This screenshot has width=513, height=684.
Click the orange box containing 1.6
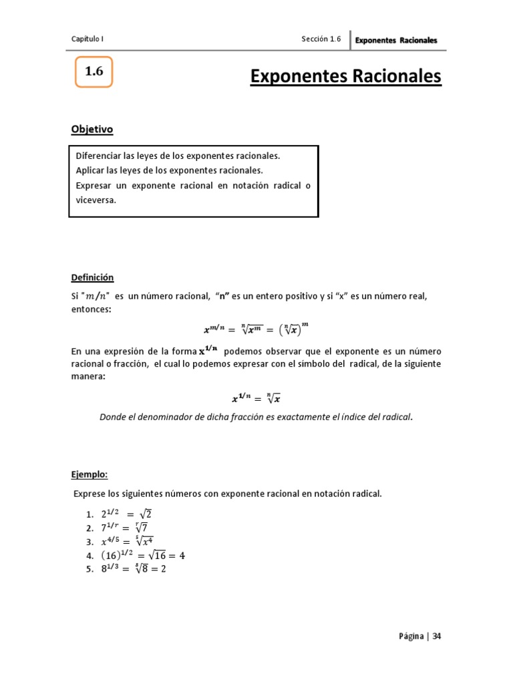click(x=94, y=72)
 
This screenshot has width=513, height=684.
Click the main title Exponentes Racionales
click(x=345, y=77)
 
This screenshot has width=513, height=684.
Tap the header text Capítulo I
click(x=88, y=39)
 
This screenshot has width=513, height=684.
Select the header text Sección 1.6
click(x=321, y=39)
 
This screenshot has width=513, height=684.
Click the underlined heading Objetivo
click(x=92, y=129)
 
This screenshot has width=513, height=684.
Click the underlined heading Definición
click(x=93, y=277)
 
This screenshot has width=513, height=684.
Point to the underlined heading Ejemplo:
click(x=90, y=474)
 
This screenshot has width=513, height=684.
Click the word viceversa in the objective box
click(x=96, y=200)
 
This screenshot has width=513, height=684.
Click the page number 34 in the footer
click(x=436, y=636)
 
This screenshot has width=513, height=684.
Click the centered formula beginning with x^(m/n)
click(x=256, y=329)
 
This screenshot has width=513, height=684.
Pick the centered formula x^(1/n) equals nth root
click(x=256, y=399)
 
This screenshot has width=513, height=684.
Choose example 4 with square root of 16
click(x=142, y=555)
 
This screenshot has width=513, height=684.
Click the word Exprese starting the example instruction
click(x=89, y=494)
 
